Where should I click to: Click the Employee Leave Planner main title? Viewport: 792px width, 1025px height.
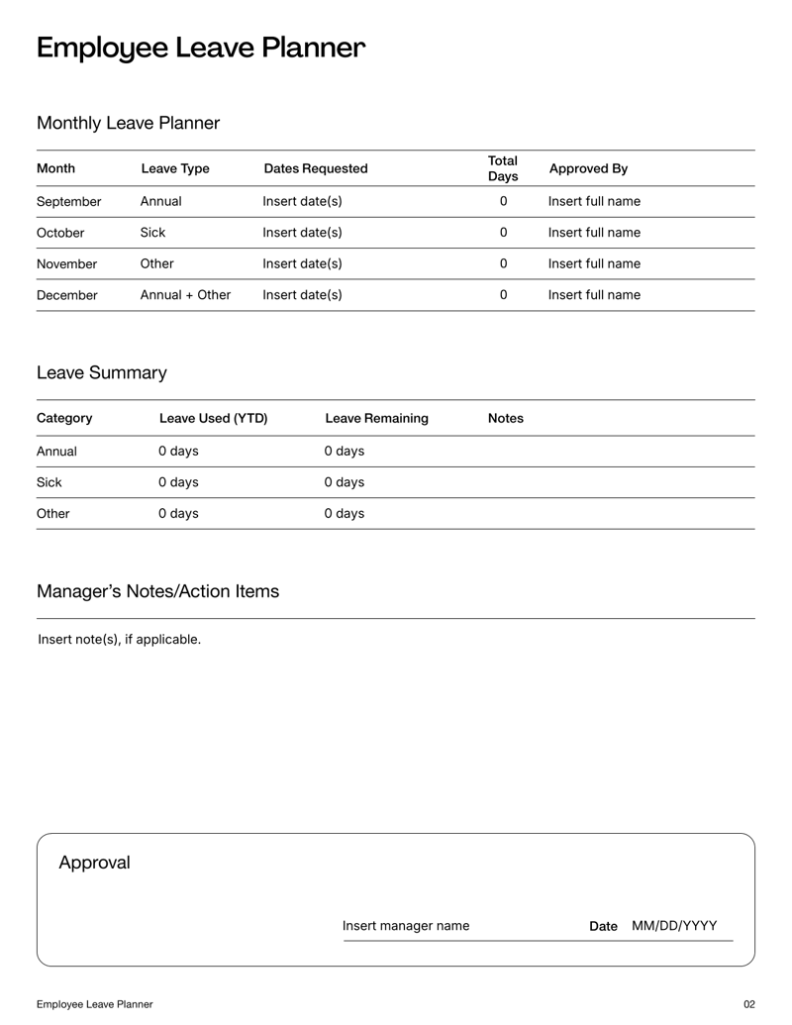coord(201,48)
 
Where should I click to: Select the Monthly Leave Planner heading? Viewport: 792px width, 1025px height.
coord(128,123)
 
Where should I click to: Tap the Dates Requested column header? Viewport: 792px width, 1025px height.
coord(315,168)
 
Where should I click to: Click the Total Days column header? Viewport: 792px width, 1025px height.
coord(503,168)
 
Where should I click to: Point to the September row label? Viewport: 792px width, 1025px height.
coord(68,201)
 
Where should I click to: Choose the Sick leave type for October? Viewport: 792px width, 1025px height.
coord(152,233)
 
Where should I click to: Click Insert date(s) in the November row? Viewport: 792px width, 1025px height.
coord(302,263)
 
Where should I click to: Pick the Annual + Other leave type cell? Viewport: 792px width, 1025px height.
coord(185,294)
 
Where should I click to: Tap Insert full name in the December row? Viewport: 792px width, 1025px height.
coord(594,294)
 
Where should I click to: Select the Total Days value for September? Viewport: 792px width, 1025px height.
coord(503,201)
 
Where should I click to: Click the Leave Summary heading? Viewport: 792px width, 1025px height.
coord(101,372)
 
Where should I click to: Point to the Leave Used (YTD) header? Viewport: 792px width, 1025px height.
coord(213,418)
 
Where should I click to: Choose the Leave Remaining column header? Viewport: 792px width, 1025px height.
coord(376,418)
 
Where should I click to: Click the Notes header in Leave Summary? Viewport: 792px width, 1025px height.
coord(506,418)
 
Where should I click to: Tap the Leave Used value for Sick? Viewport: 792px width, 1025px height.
coord(178,482)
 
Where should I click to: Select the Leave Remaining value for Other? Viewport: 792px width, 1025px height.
coord(344,513)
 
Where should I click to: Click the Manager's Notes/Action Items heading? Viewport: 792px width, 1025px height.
coord(157,591)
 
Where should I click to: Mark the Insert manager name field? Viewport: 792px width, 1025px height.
coord(406,926)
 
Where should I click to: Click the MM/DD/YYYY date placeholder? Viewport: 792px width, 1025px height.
coord(674,926)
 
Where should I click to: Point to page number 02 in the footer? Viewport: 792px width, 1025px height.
coord(748,1004)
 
